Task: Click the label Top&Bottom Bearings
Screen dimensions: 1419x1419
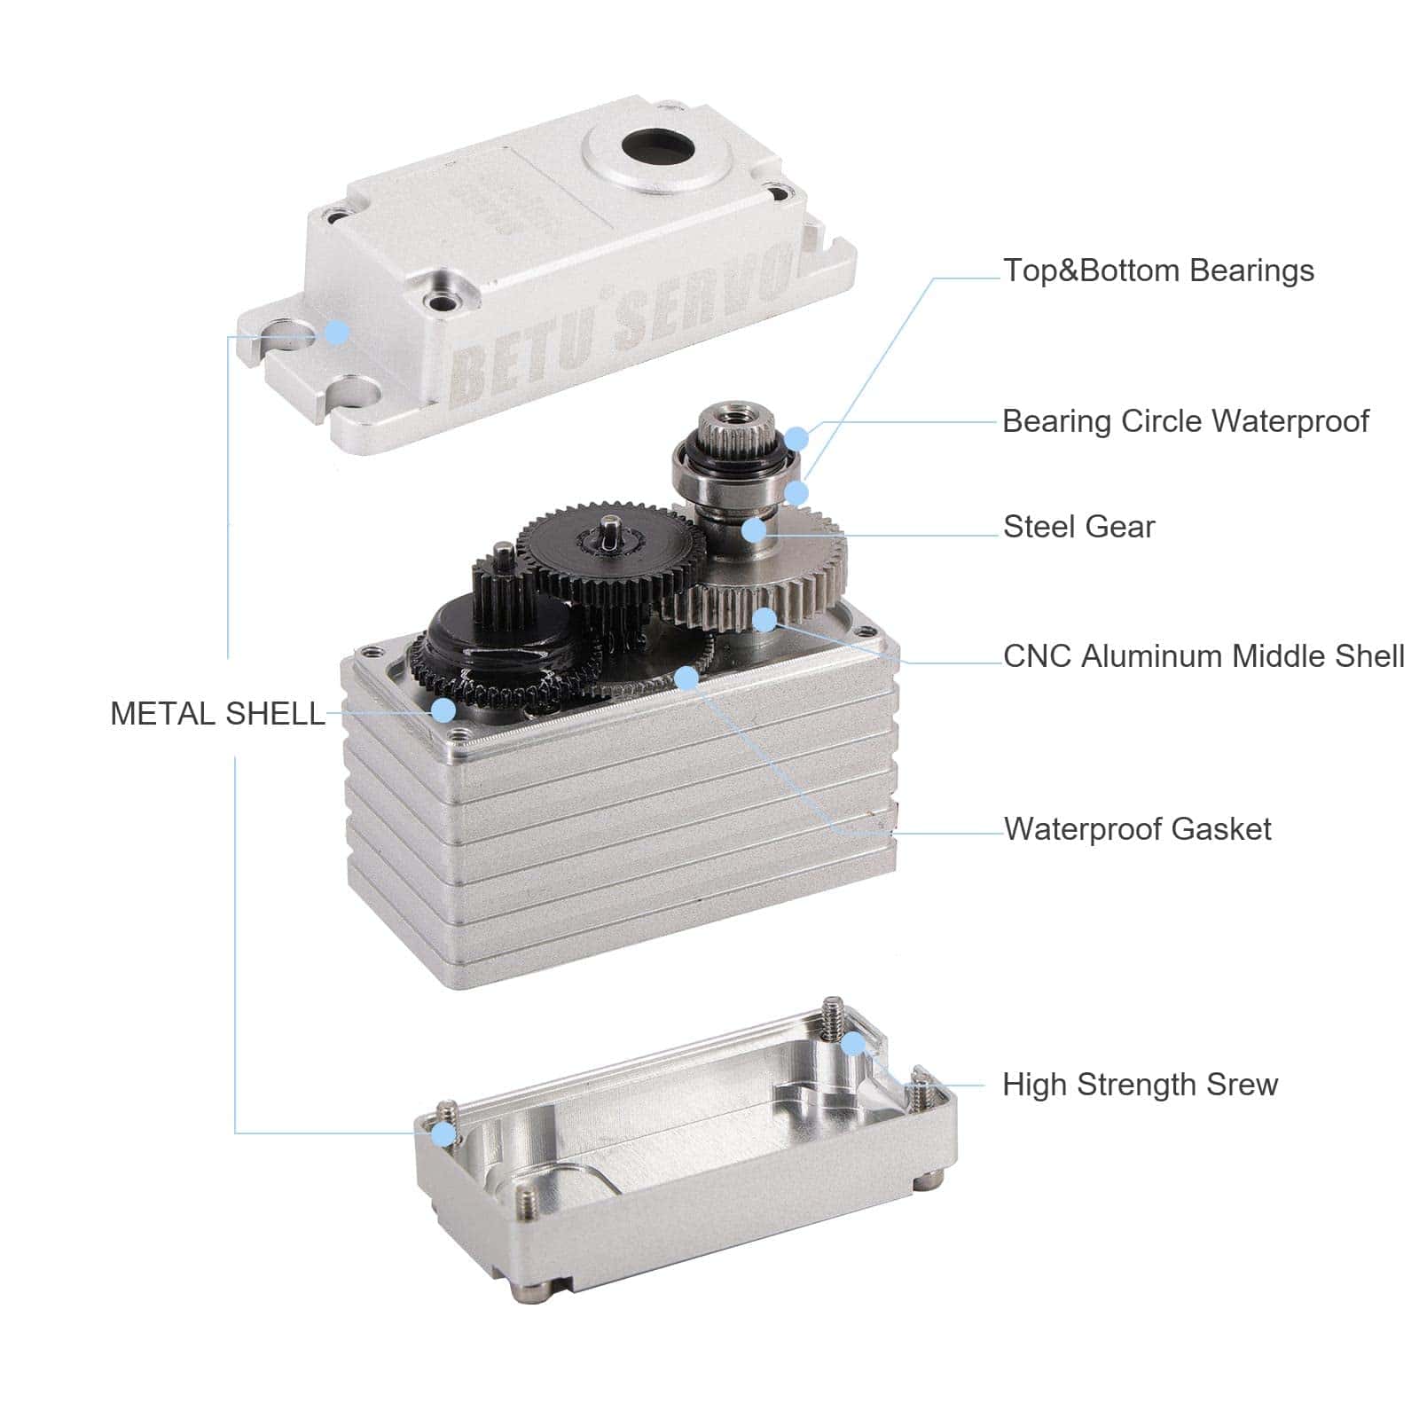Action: [1158, 270]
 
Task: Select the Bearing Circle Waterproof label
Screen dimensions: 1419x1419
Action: [1186, 421]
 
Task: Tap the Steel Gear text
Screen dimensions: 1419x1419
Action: [1079, 527]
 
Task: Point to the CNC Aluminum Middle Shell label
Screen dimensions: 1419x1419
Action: [1203, 656]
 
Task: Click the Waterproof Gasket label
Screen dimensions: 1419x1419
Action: [1138, 829]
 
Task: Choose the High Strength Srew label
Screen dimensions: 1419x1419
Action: [1141, 1085]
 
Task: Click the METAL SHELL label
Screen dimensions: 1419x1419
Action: [217, 714]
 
